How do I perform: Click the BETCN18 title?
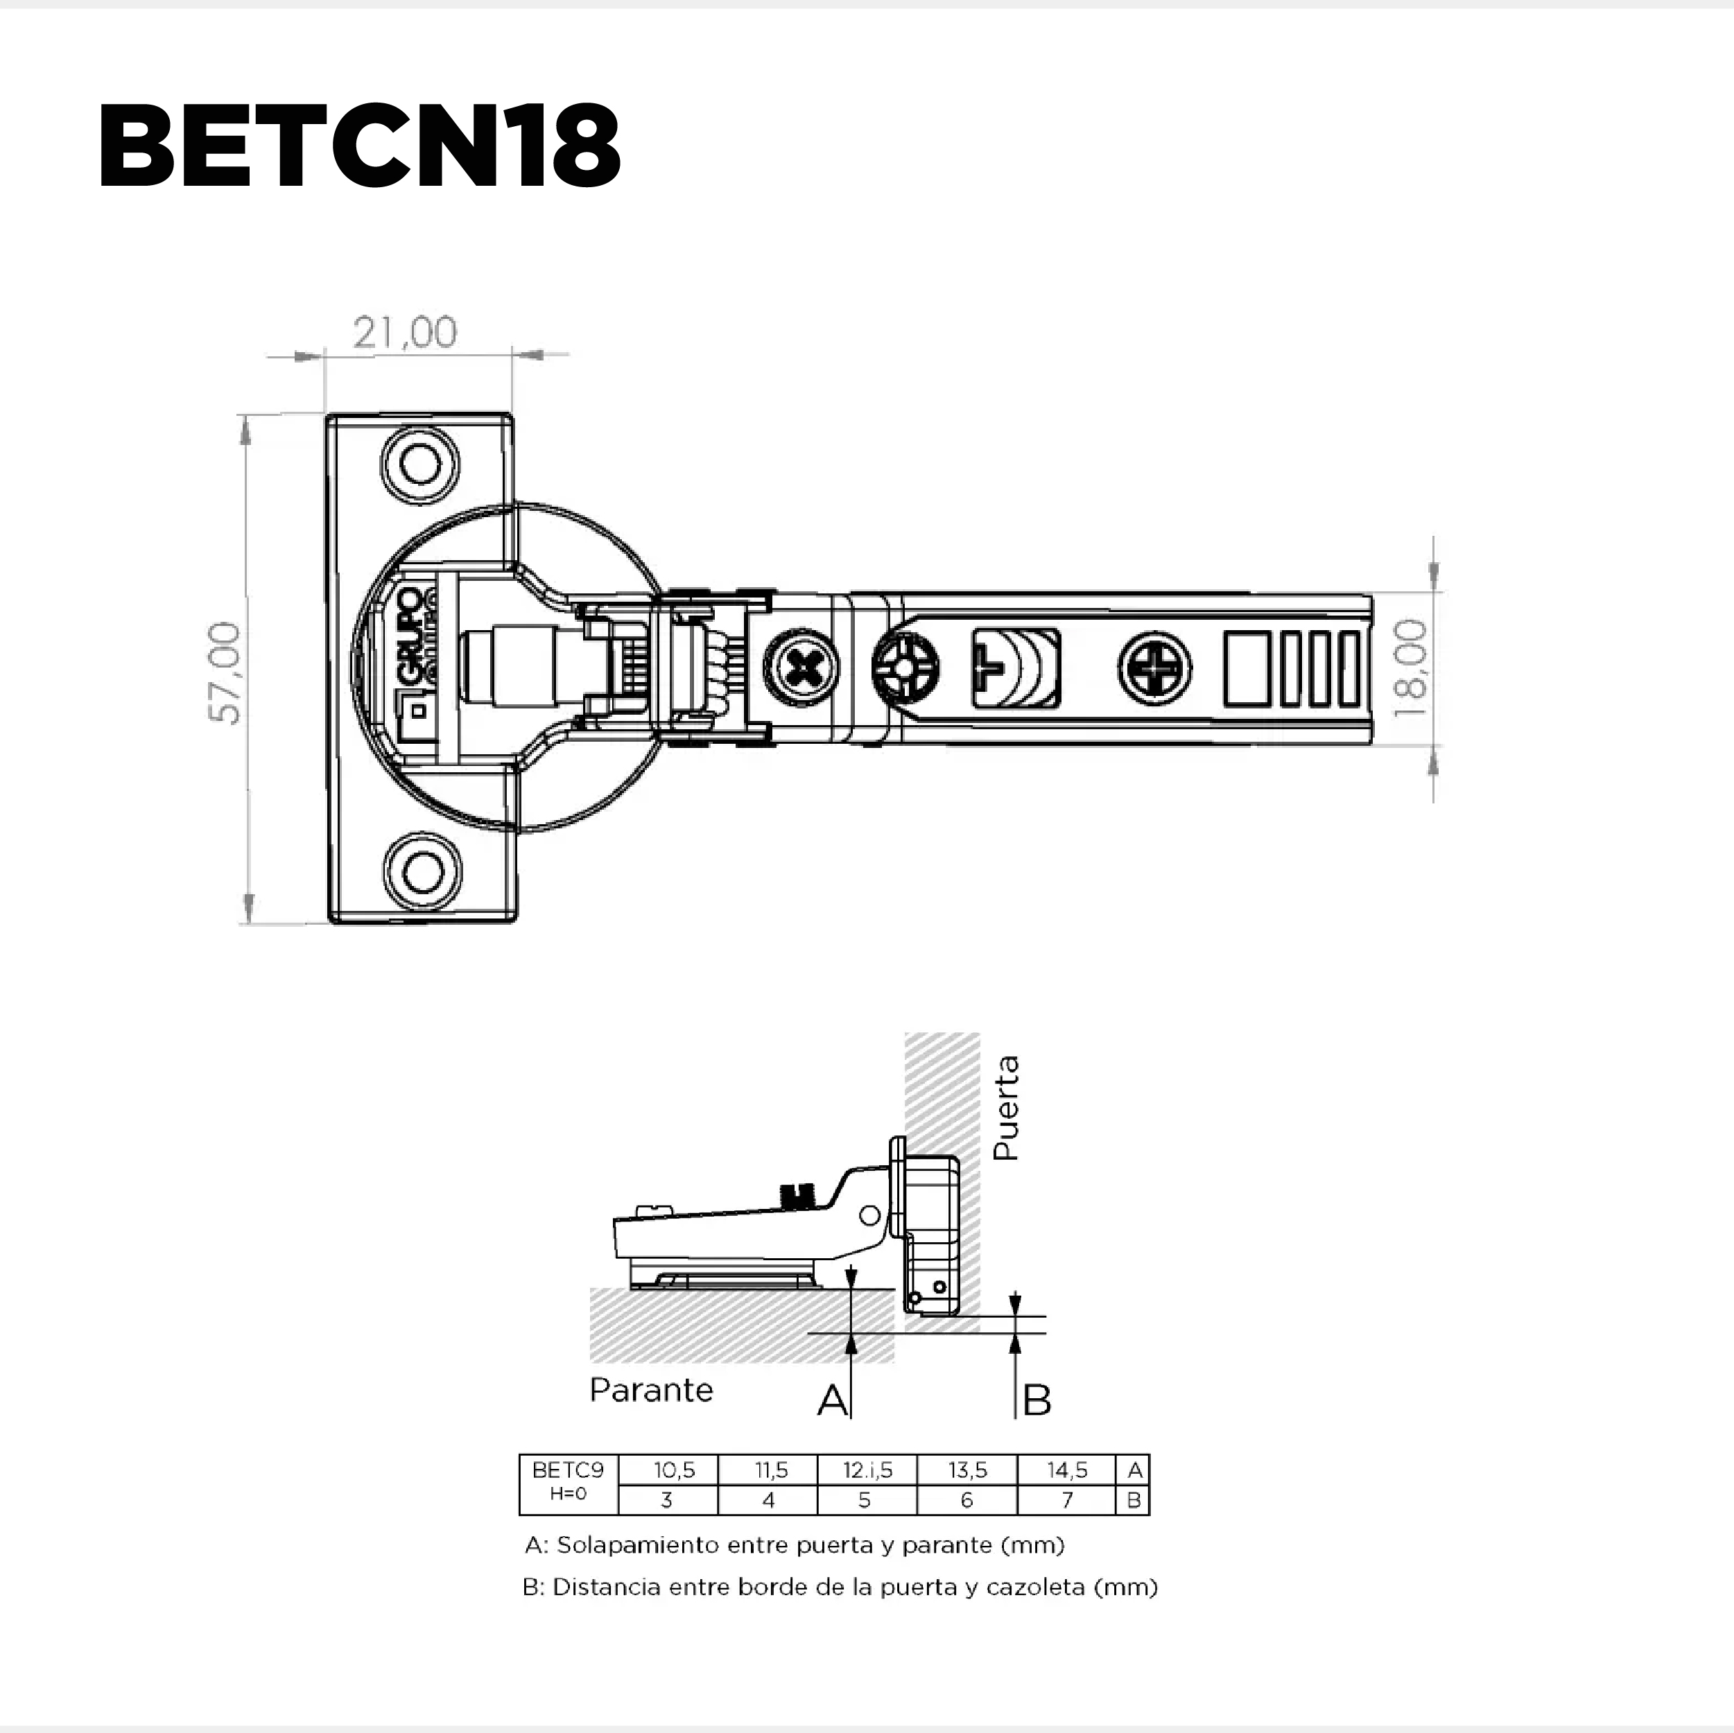click(359, 146)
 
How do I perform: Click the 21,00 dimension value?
click(405, 333)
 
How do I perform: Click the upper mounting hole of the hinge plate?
click(420, 465)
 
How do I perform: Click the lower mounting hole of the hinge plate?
click(422, 871)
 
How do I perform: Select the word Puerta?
click(1007, 1108)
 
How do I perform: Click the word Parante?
click(651, 1390)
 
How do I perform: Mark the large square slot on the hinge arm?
click(1247, 669)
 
